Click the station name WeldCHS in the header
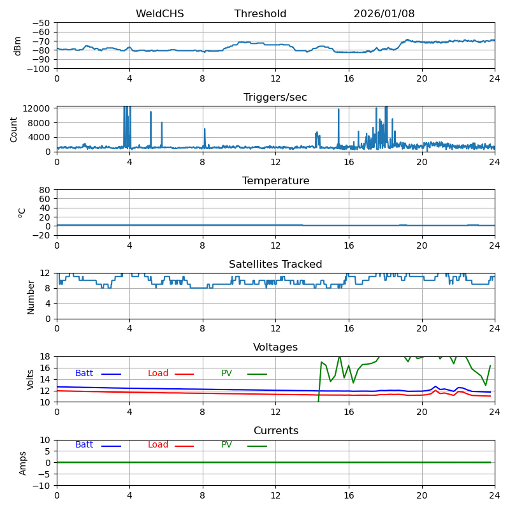159,14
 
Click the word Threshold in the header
260,14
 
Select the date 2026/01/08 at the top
384,14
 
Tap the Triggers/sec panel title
275,98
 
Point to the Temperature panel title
275,181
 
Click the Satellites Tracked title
275,265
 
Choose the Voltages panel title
275,347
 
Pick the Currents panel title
275,431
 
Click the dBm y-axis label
18,45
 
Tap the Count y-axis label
14,129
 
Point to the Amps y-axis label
23,463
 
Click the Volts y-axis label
31,379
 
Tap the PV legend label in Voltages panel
226,374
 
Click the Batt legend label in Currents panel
84,445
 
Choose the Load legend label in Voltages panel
158,374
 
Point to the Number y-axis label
31,296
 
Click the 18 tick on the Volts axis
47,356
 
